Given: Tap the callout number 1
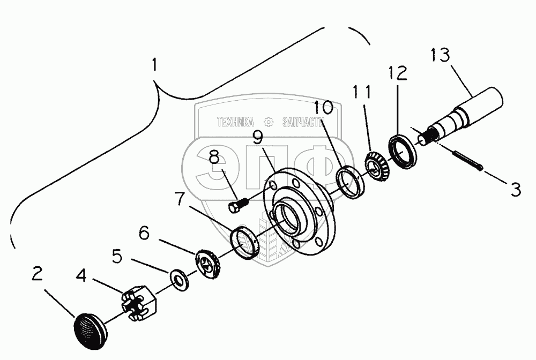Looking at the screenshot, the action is (154, 65).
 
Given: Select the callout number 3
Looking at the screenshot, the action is (516, 189).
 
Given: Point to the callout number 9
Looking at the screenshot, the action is (258, 138).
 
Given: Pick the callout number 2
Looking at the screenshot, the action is (36, 274).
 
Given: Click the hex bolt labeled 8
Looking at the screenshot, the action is (236, 205).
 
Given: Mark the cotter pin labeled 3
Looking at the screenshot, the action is (467, 160).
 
